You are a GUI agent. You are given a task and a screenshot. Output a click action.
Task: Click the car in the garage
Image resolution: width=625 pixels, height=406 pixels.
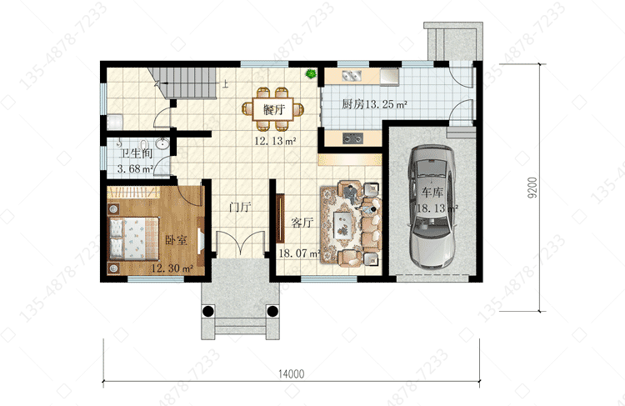coord(432,206)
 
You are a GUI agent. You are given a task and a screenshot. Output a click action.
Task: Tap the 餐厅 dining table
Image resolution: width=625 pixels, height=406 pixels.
coord(273,109)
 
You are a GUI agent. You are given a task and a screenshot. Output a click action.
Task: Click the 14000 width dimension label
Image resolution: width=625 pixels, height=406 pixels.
coord(291,373)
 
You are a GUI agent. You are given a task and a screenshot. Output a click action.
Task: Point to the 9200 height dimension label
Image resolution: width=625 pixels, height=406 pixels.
coord(532,188)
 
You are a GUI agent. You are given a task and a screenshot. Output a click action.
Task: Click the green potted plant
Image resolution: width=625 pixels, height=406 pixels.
coord(311,74)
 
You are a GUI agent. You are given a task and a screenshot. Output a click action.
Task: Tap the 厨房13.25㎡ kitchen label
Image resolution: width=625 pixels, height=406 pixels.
coord(374,104)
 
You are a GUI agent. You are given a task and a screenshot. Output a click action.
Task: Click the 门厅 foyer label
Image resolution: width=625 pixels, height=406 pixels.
coord(239,207)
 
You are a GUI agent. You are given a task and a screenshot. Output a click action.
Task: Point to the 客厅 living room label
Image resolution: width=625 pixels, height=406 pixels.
coord(302,223)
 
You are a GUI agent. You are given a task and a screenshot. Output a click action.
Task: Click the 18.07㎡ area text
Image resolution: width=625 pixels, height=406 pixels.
coord(300,253)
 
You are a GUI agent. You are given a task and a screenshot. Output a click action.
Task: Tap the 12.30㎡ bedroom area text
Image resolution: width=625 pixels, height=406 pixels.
coord(172,268)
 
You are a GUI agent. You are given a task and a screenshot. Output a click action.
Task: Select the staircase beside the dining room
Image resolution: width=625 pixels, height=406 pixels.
coord(182,83)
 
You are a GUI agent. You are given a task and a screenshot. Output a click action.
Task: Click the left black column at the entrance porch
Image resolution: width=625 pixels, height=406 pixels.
coord(207,311)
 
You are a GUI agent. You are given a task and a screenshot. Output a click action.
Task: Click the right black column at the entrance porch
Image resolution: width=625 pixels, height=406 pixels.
coord(272,311)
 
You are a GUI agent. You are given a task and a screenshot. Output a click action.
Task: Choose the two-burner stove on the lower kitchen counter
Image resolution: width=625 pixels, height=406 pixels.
coord(352,138)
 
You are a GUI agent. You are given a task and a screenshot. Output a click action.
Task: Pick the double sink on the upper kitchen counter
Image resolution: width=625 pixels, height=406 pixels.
coord(352,76)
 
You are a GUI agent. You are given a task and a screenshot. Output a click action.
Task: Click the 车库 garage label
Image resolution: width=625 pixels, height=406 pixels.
coord(432,193)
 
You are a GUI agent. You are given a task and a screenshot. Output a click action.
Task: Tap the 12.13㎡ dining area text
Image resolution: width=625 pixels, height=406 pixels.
coord(275,141)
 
